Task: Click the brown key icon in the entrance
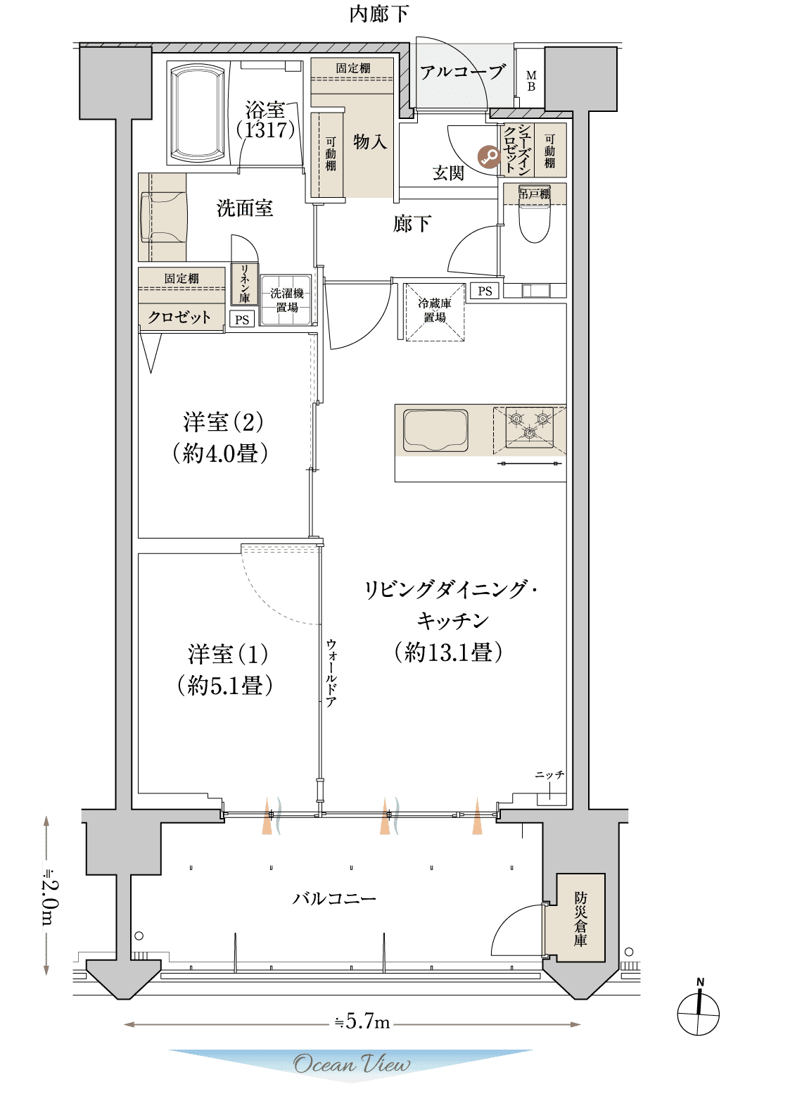(x=489, y=157)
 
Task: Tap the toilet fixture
(x=535, y=224)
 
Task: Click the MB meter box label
(x=531, y=81)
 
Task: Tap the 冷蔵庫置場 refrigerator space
(x=435, y=311)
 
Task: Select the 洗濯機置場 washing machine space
(x=286, y=301)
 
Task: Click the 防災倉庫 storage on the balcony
(x=580, y=918)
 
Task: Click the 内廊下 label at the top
(x=379, y=14)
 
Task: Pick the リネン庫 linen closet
(x=245, y=284)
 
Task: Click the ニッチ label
(x=549, y=774)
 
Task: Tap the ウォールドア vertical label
(x=331, y=673)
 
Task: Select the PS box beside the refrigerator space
(x=485, y=291)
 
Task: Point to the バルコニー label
(x=335, y=899)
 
